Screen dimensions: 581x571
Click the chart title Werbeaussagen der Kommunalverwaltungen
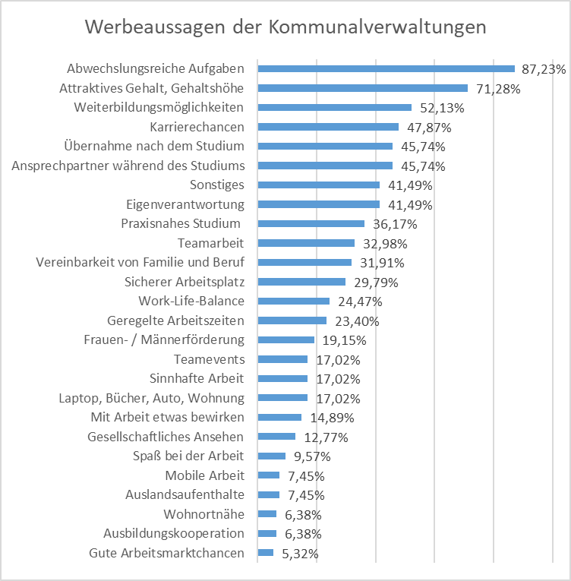click(x=285, y=27)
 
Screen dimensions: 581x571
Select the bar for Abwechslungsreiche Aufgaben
click(x=386, y=68)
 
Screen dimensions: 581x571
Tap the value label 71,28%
click(x=497, y=88)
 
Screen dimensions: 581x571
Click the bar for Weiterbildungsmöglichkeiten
click(x=335, y=107)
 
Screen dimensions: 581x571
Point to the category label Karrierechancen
click(x=197, y=126)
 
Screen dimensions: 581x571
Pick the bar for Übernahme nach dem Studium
click(x=325, y=146)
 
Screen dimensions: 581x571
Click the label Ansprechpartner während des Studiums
click(x=128, y=165)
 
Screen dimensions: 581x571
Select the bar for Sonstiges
click(x=319, y=185)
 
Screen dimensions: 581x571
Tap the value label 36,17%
click(x=394, y=224)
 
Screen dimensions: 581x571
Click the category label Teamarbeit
click(x=211, y=243)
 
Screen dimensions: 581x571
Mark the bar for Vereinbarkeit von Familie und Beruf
click(x=304, y=263)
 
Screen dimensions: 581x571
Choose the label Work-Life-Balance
click(x=191, y=301)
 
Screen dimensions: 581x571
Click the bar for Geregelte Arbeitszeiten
click(x=292, y=320)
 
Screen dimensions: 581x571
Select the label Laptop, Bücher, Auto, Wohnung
click(x=152, y=398)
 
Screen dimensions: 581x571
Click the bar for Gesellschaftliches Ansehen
click(x=276, y=437)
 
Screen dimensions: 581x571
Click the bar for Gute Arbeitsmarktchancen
click(x=266, y=553)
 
